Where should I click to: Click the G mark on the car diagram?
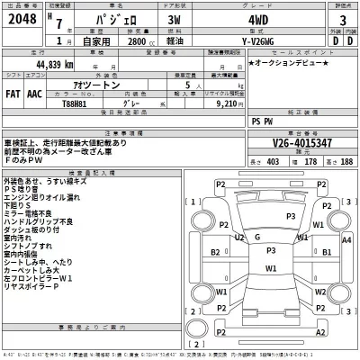point(258,237)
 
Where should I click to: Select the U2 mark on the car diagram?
point(238,237)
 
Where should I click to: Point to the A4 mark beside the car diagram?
point(346,240)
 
